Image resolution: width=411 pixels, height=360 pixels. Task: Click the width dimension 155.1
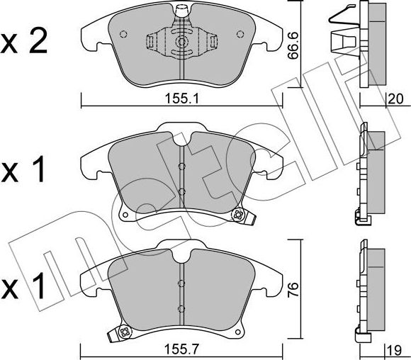pos(182,99)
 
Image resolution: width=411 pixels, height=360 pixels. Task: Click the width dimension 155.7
pos(181,349)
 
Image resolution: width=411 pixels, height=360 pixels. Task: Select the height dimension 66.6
pos(293,45)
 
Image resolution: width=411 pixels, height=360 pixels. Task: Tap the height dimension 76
pos(293,289)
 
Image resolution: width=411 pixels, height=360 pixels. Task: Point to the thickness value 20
pos(395,99)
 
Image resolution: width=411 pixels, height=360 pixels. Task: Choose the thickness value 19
pos(394,351)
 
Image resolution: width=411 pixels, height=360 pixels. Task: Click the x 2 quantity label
pos(24,41)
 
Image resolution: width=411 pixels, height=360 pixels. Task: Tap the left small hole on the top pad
pos(123,34)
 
